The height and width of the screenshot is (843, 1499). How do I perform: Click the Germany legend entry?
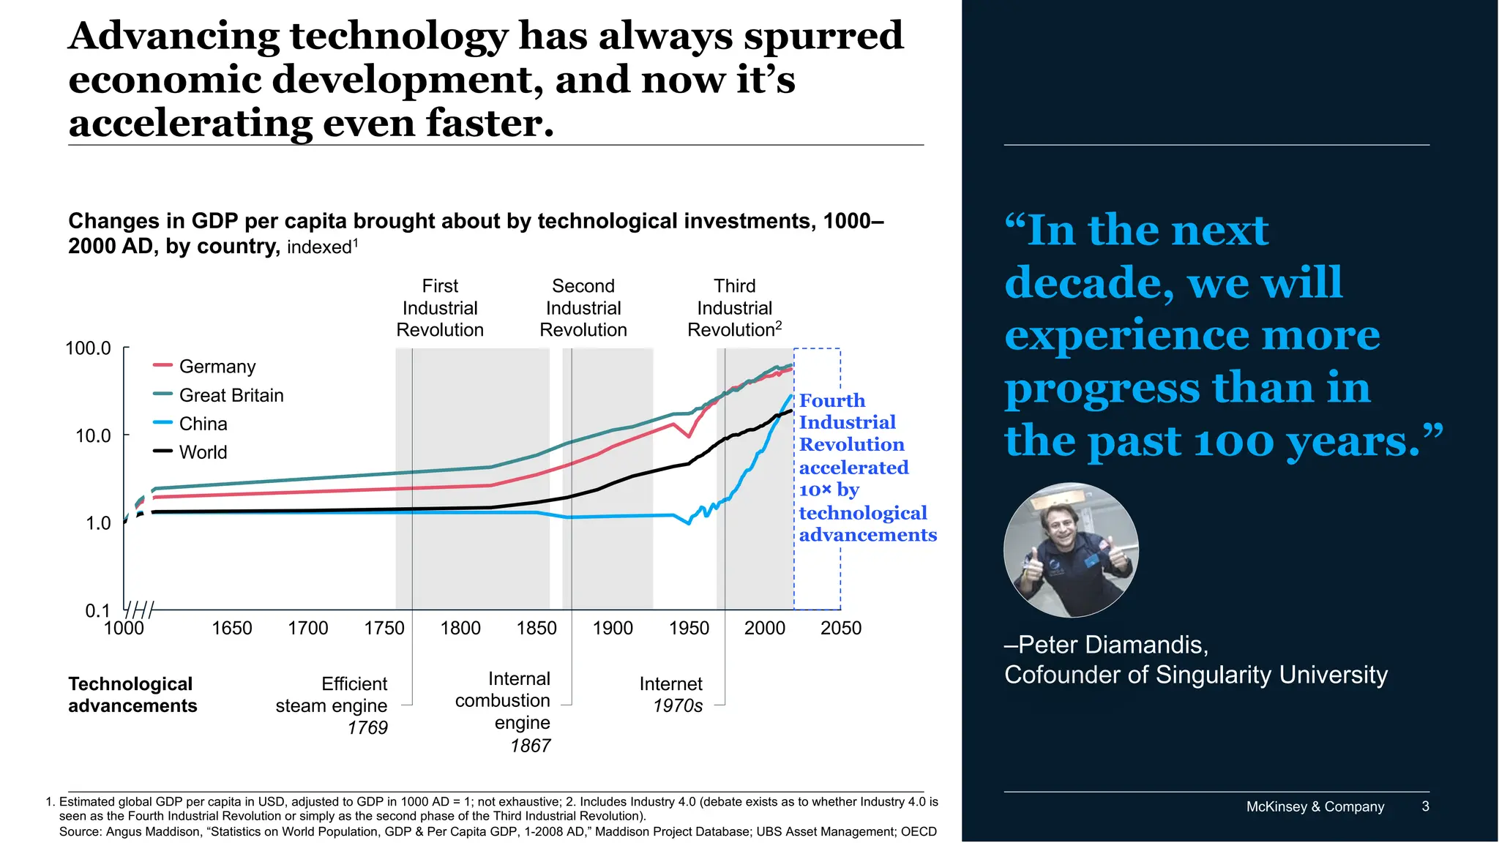point(217,367)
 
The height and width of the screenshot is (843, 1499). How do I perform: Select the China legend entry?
point(203,424)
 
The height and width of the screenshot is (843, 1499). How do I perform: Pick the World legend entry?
point(203,452)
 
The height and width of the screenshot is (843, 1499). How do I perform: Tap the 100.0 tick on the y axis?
point(89,348)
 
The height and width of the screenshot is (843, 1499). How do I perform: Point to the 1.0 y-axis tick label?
point(98,523)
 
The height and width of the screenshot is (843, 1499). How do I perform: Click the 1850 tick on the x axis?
point(537,628)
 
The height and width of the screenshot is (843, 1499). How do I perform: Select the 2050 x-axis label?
point(840,628)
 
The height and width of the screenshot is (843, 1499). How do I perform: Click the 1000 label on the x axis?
point(124,628)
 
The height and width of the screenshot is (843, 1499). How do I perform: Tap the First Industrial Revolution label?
point(440,308)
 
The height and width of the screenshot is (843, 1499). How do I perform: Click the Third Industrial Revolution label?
point(734,308)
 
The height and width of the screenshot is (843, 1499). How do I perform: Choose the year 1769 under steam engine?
point(367,728)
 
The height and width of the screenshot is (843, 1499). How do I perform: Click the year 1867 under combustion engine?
point(530,746)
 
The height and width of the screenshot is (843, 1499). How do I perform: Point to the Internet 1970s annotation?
point(671,694)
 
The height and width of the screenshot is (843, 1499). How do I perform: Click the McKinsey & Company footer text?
point(1315,806)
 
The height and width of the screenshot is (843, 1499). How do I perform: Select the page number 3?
point(1425,806)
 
